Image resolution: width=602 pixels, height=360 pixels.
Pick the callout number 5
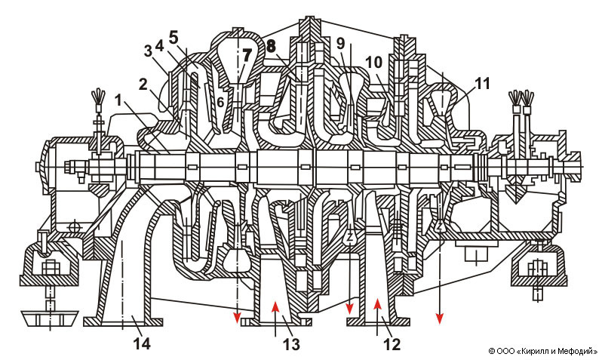174,35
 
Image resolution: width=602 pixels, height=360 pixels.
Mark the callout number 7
246,54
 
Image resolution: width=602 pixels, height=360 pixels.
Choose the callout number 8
271,46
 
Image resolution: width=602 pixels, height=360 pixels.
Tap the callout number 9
341,43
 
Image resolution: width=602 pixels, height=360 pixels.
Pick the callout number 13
290,344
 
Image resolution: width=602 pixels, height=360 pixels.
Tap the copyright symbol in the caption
491,351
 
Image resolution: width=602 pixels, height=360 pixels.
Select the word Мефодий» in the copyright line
579,351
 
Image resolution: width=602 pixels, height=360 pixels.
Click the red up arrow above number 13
277,306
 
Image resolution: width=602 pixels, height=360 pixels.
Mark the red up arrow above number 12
377,306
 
